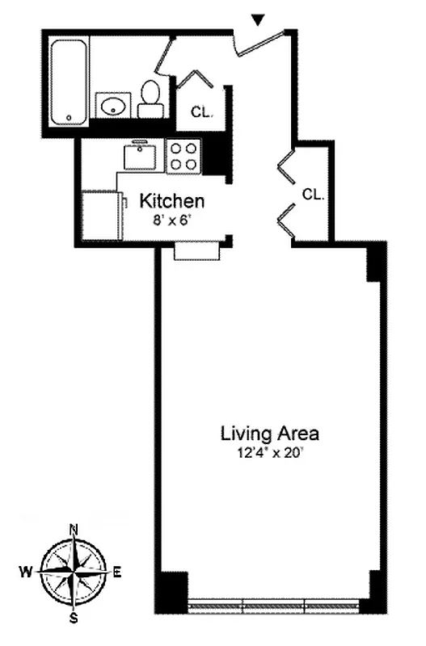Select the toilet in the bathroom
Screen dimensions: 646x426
point(150,99)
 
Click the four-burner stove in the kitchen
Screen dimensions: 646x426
point(183,156)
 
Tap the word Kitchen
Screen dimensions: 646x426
point(172,201)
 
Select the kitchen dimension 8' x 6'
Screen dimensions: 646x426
point(172,219)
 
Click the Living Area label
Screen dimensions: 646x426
point(270,434)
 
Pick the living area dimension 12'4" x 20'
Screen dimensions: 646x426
point(270,453)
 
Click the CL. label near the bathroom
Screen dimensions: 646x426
point(202,112)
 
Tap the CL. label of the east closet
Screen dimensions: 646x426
point(314,195)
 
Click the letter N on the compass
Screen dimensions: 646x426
point(74,530)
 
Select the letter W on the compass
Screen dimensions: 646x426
point(26,572)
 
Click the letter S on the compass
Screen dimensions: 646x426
point(74,619)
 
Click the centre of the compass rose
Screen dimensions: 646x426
point(74,572)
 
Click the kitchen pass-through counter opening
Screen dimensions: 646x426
point(197,253)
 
